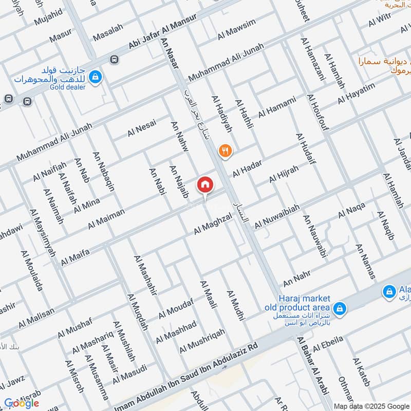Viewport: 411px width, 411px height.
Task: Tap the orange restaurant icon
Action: point(225,151)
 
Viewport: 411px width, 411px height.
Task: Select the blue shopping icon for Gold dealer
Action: point(95,78)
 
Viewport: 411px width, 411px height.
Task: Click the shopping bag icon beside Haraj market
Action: point(339,309)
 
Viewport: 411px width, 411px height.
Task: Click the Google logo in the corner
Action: point(21,403)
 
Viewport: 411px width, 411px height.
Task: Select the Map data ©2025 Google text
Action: point(371,405)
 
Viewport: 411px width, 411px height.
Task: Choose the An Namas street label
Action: point(365,261)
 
